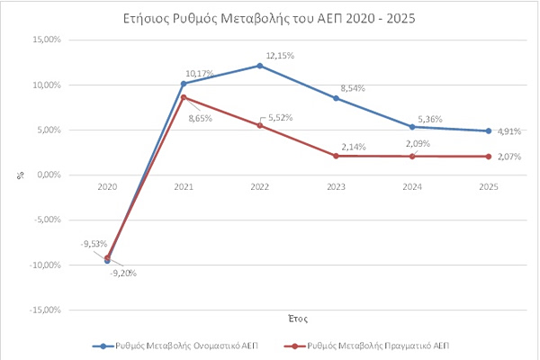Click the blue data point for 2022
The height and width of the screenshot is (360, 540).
[x=260, y=66]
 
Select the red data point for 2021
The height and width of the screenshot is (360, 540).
[x=184, y=97]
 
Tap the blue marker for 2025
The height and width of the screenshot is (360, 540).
[x=489, y=130]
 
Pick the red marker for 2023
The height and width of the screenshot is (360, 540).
[x=336, y=156]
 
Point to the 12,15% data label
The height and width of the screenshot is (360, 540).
[x=280, y=56]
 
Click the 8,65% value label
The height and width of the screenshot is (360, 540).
[x=200, y=119]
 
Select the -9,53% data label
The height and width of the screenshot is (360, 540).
[x=94, y=244]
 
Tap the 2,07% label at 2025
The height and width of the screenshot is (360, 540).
[x=509, y=157]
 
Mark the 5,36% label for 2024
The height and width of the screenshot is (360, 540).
[x=430, y=119]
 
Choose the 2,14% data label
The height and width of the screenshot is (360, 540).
[x=354, y=147]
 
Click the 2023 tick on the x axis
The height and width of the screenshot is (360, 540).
[x=336, y=186]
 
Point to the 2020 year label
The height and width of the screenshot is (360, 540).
[x=107, y=186]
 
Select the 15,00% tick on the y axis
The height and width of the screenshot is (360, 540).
[x=47, y=40]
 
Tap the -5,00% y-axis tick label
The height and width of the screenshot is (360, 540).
[x=48, y=220]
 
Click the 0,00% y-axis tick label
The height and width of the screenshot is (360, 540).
[x=49, y=175]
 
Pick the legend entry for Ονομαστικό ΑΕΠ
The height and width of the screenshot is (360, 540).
[x=175, y=346]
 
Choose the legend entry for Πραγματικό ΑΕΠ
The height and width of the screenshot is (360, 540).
[x=367, y=346]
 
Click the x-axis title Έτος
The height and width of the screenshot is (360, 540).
[x=298, y=319]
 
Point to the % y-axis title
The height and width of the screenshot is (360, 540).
[x=21, y=175]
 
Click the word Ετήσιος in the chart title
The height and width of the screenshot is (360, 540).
[x=147, y=18]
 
